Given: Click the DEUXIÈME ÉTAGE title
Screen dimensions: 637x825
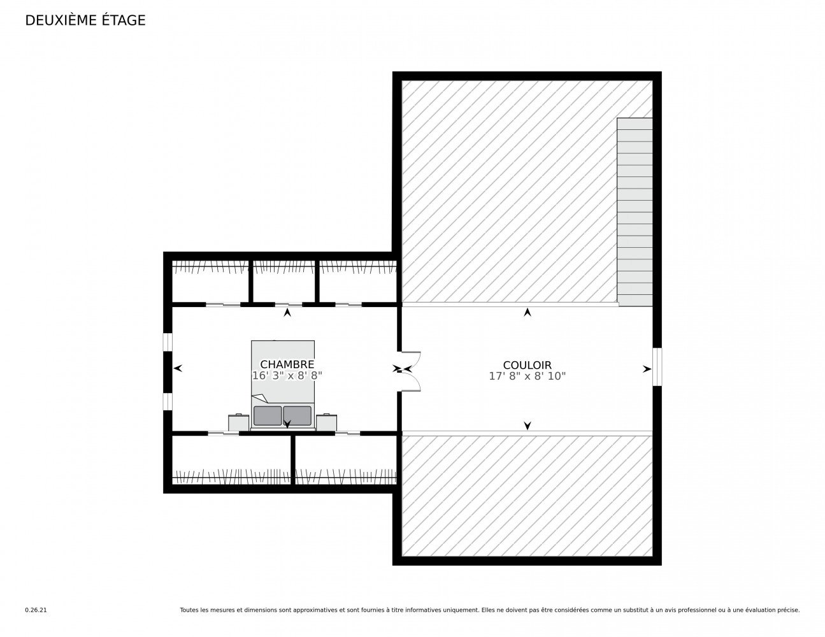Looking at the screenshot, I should tap(85, 20).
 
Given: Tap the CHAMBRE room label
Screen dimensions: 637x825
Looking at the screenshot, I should tap(287, 364).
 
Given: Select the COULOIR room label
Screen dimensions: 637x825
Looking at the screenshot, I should tap(527, 365).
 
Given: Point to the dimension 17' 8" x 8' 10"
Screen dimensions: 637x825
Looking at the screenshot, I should tap(527, 376).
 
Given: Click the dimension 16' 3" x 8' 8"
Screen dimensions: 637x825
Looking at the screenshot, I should tap(287, 376).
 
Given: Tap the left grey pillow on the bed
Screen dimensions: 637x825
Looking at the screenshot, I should tap(267, 415).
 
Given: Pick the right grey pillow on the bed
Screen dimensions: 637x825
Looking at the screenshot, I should tap(297, 415).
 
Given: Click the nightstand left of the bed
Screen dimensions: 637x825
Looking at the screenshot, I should tap(238, 422).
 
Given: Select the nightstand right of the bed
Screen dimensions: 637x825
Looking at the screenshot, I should tap(326, 422).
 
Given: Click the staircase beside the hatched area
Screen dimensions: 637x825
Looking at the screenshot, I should tap(635, 211).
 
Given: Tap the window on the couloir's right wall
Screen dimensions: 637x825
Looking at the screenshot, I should tap(657, 367).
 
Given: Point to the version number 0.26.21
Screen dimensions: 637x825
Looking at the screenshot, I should tap(36, 610).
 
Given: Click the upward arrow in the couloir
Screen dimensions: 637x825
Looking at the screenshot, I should tap(527, 312).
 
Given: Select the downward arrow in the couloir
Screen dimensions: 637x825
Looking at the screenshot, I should tap(527, 426).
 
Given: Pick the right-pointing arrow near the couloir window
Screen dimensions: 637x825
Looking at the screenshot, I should tap(647, 368).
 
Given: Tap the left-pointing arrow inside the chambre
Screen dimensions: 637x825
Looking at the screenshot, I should tap(178, 368).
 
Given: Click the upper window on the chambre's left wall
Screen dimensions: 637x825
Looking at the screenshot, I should tap(167, 342).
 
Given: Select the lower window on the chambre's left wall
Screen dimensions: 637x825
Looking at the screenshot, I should tap(167, 401).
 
